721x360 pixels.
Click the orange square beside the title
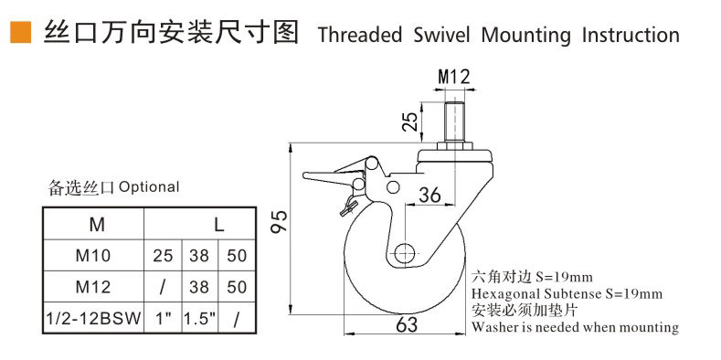pyautogui.click(x=21, y=33)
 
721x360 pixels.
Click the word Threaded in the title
pyautogui.click(x=360, y=35)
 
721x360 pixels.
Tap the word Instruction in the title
pyautogui.click(x=631, y=35)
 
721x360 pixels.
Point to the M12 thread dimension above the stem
pyautogui.click(x=454, y=77)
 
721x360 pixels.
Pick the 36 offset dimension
pyautogui.click(x=429, y=195)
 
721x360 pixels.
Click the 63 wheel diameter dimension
pyautogui.click(x=407, y=324)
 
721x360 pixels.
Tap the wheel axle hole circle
pyautogui.click(x=405, y=253)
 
